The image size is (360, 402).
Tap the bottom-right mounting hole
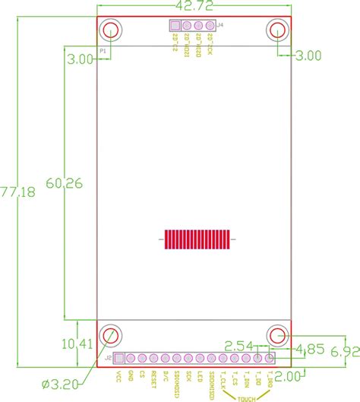[277, 335]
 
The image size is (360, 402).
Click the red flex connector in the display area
[196, 239]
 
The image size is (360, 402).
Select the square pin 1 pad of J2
[118, 358]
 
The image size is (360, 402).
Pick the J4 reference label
[219, 26]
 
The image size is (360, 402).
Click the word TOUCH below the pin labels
[245, 397]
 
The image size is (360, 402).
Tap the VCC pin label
[118, 376]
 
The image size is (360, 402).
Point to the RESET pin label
[154, 378]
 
